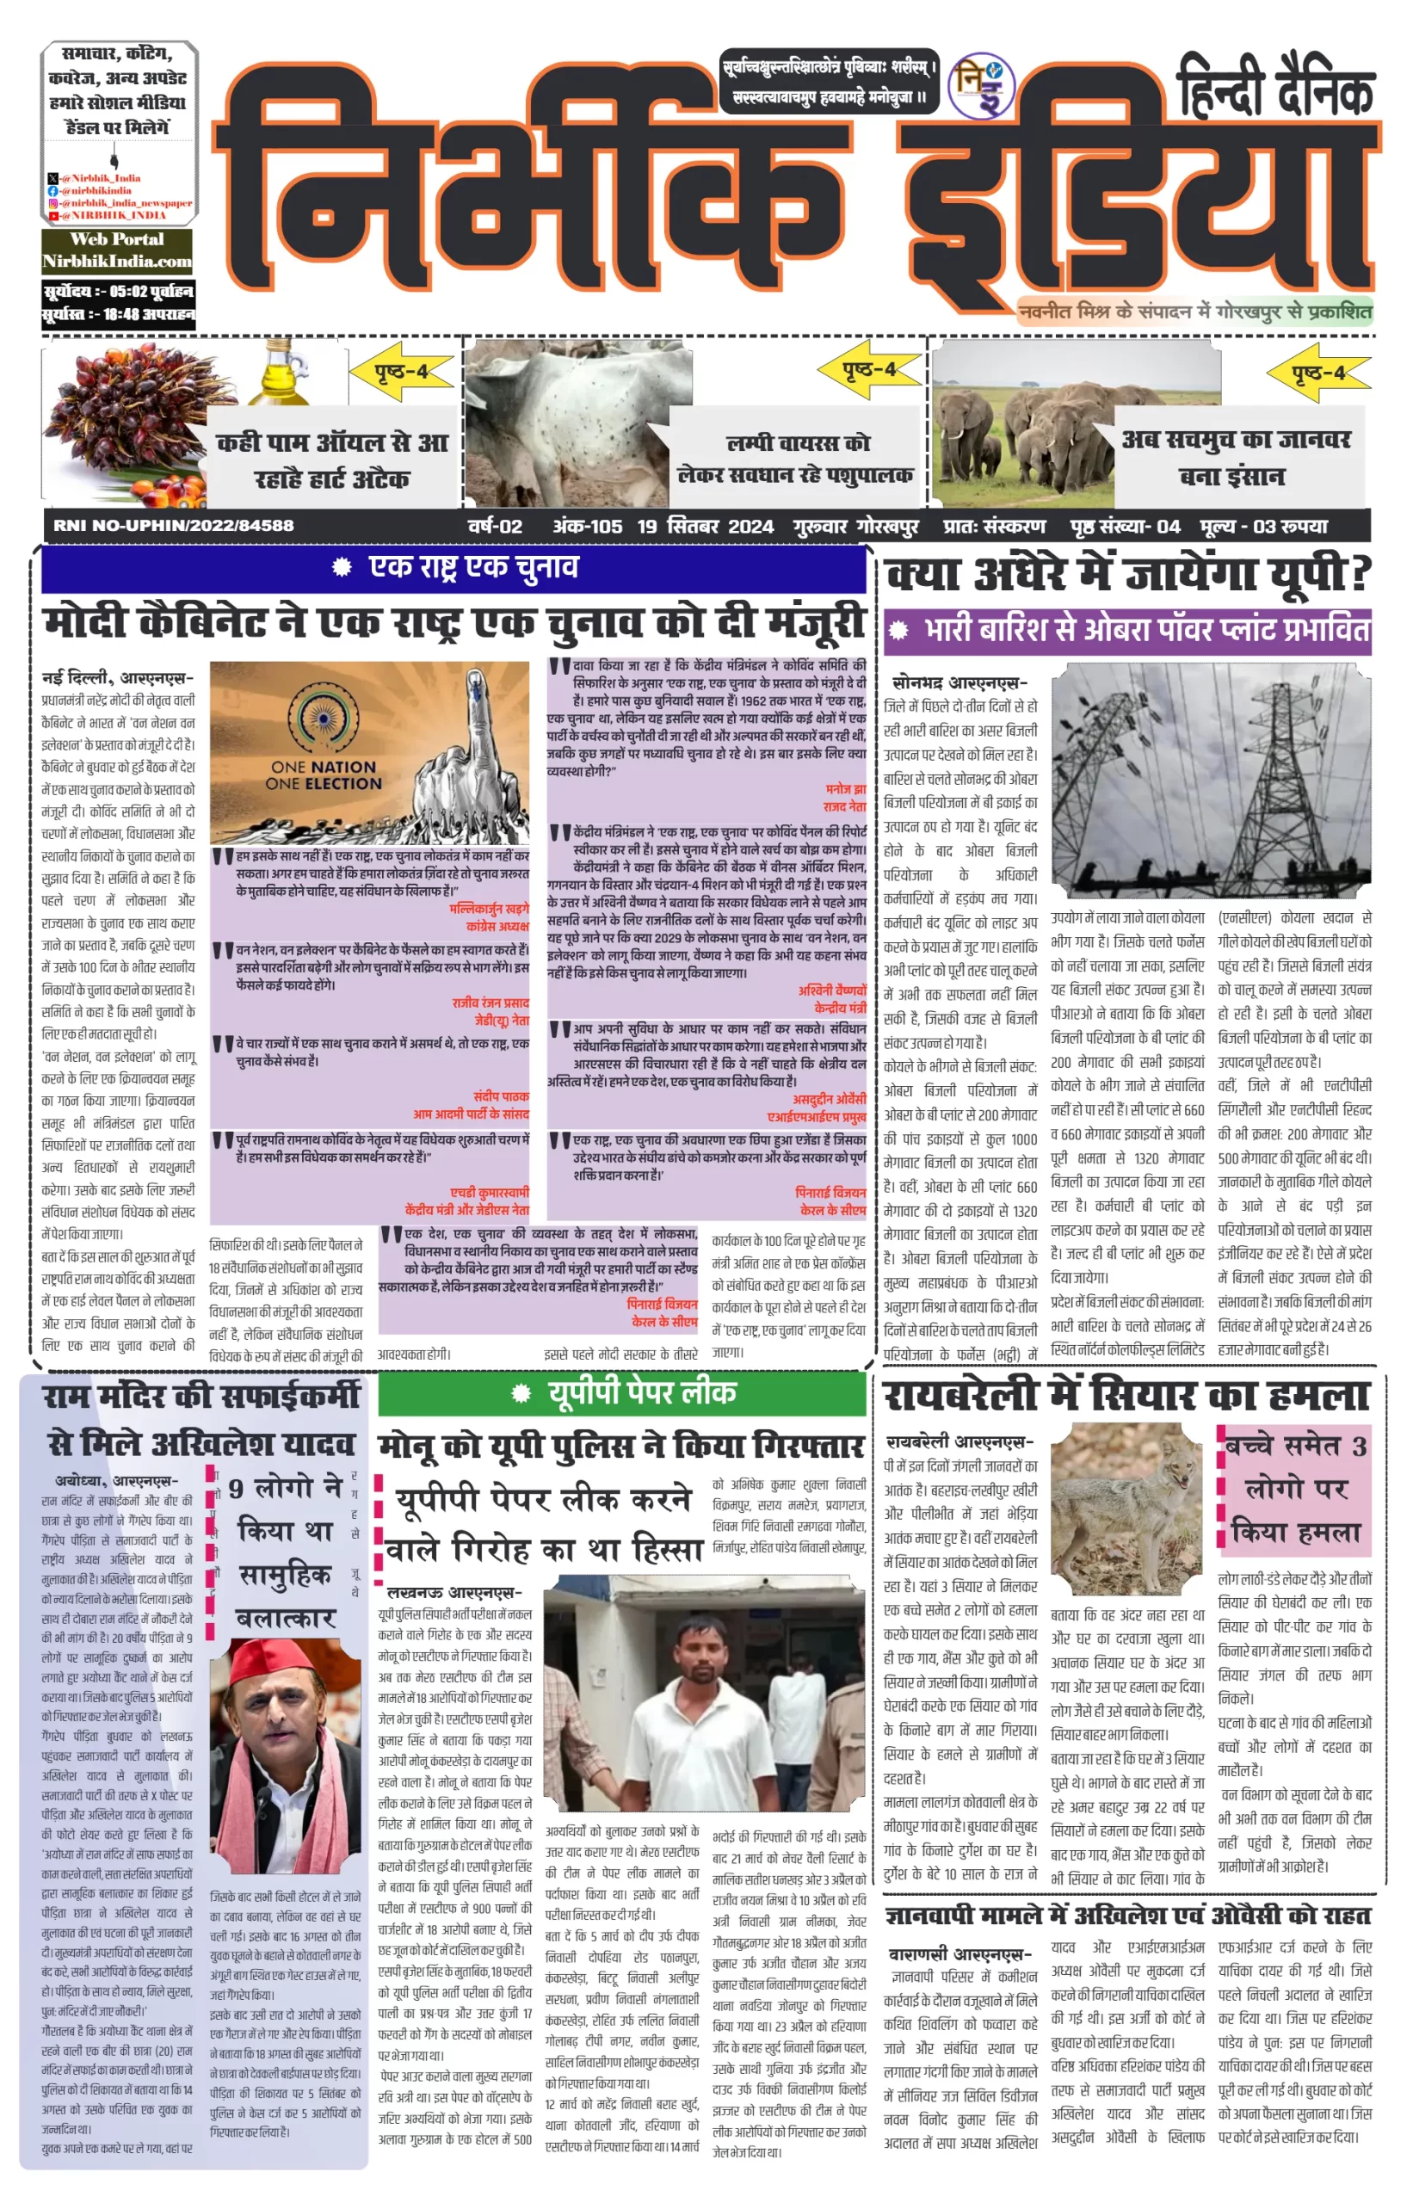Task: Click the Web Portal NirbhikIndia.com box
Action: tap(117, 250)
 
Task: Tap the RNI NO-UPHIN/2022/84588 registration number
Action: tap(174, 526)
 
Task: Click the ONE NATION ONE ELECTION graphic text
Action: tap(323, 775)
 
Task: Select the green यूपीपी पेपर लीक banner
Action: tap(622, 1394)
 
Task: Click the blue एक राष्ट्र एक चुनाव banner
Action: tap(454, 568)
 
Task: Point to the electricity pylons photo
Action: tap(1211, 780)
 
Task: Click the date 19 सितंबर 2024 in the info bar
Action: tap(705, 527)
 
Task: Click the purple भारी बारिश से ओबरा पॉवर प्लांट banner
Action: tap(1127, 632)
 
